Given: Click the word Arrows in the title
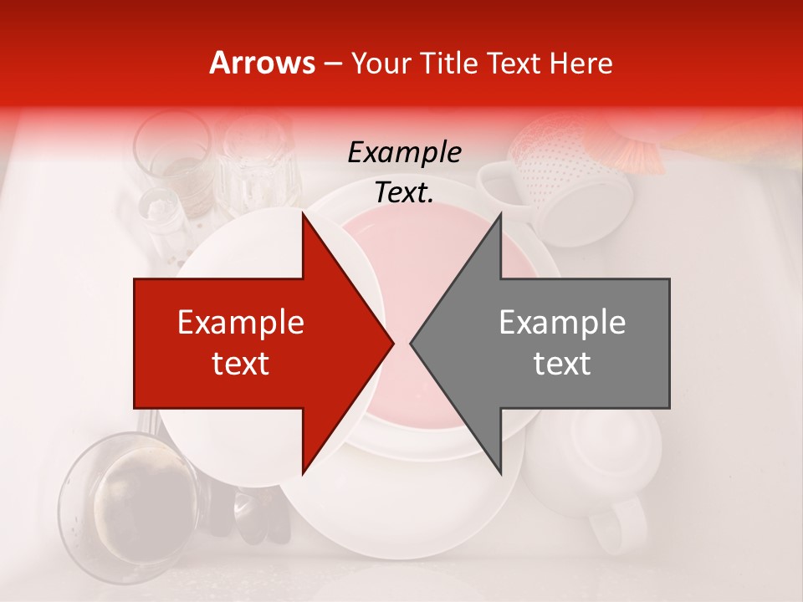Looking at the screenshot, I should click(262, 63).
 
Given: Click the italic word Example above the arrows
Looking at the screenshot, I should click(404, 153).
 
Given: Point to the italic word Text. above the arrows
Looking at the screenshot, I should click(404, 193).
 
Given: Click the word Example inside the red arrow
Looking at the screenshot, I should click(241, 323).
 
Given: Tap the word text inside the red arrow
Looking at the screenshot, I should click(241, 364).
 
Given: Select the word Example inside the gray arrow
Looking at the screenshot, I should click(562, 323).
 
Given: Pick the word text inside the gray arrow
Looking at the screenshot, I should click(562, 364).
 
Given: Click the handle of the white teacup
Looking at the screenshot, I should click(606, 527).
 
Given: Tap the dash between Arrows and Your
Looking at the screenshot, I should click(331, 63).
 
